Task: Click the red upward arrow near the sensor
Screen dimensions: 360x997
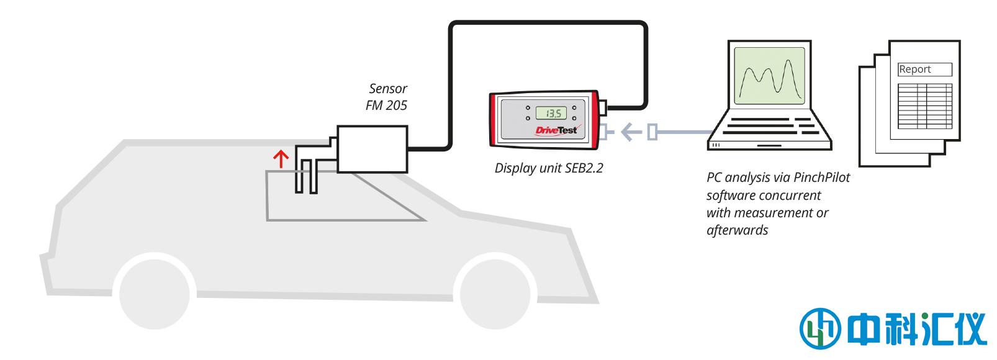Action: click(282, 159)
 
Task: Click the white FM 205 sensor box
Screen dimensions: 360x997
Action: click(372, 149)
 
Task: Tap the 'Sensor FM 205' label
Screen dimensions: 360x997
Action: click(387, 97)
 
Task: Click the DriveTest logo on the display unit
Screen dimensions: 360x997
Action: click(556, 130)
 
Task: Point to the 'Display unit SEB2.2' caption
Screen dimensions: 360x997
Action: click(549, 168)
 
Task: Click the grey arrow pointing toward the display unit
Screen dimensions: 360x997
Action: click(631, 132)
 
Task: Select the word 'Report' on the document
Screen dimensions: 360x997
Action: click(915, 70)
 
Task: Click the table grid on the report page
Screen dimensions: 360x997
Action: click(925, 106)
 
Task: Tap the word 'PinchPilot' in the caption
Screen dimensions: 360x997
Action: click(821, 178)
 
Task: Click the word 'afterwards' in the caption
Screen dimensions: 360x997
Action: click(738, 230)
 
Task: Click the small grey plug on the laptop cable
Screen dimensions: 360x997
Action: click(652, 132)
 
